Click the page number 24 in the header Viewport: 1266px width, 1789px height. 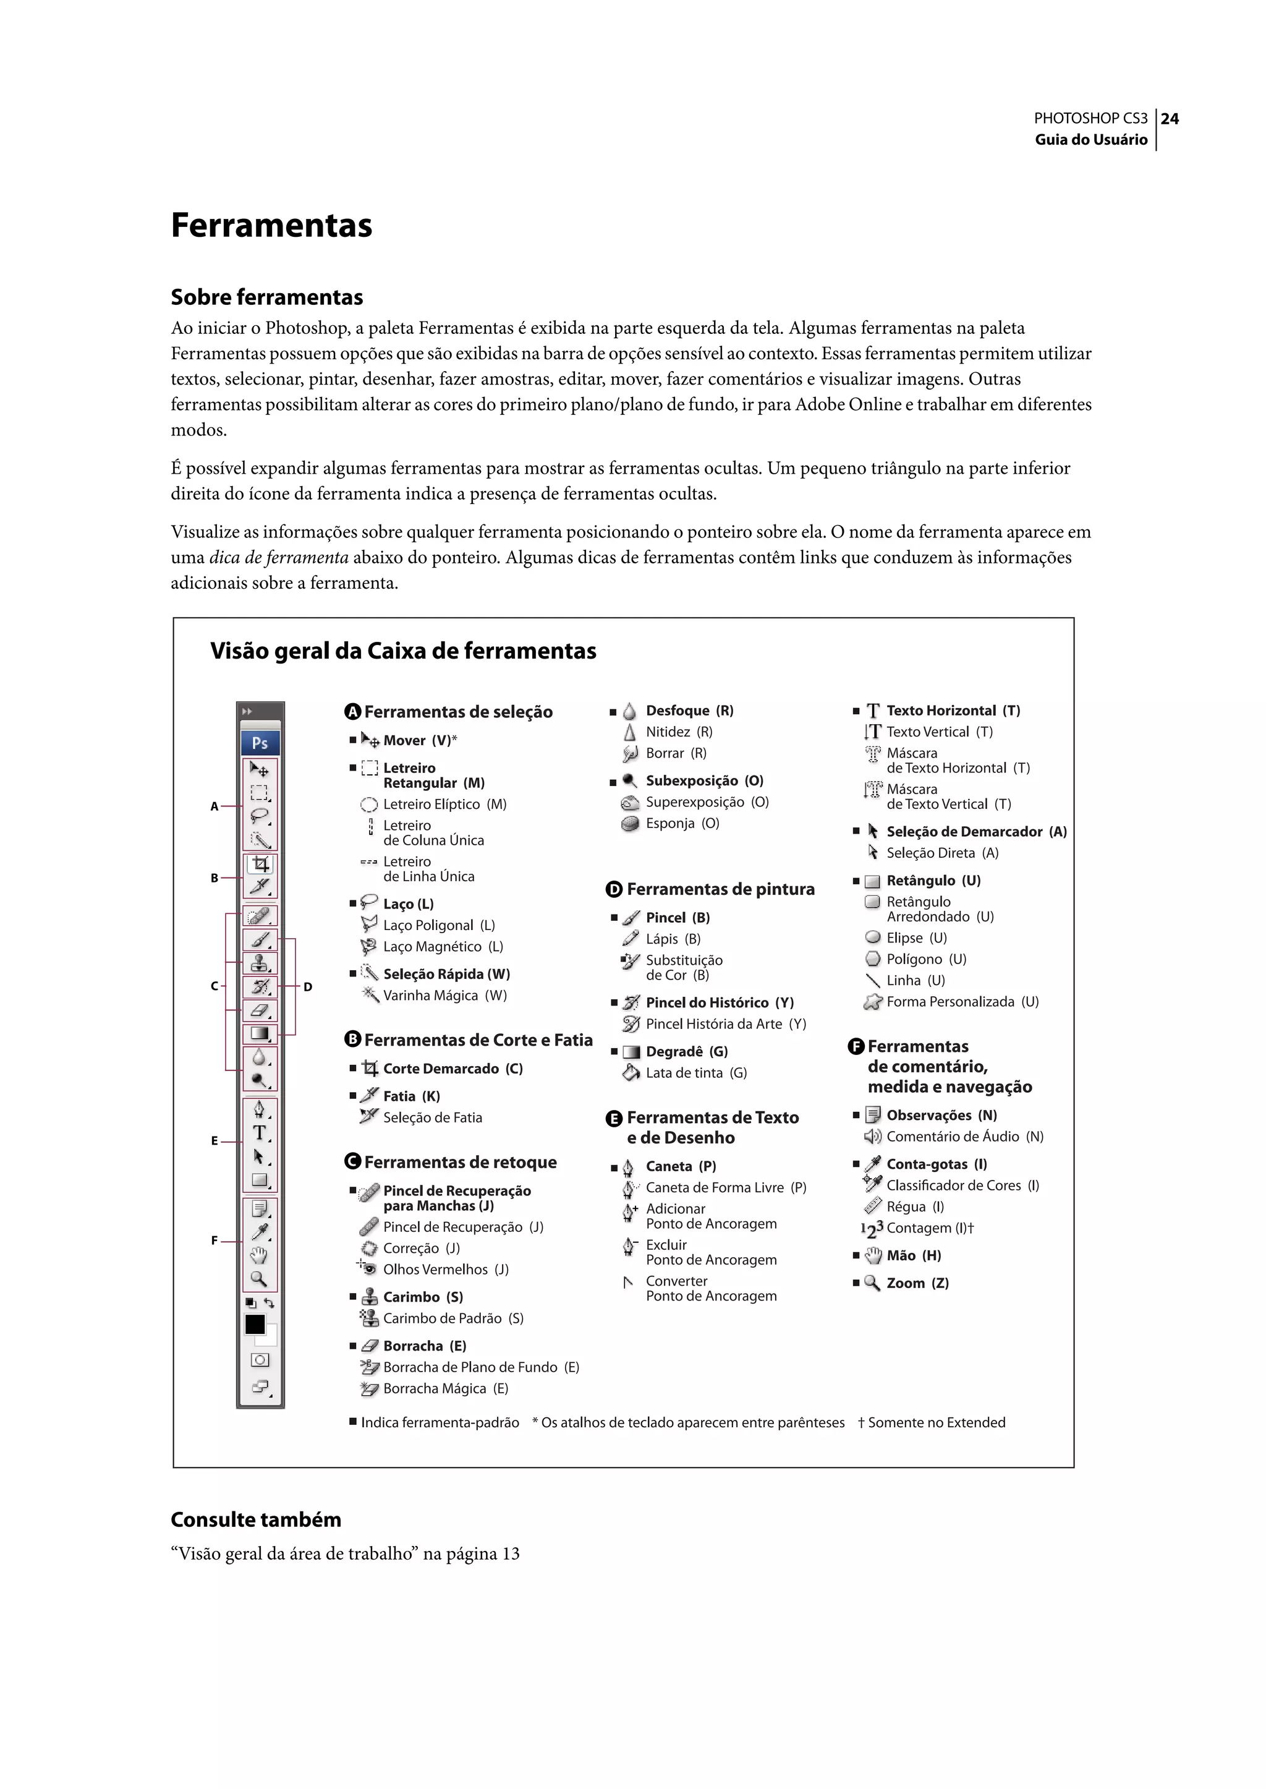[x=1170, y=119]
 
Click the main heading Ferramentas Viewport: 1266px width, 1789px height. [x=271, y=225]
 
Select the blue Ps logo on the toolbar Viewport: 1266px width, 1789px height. [x=260, y=743]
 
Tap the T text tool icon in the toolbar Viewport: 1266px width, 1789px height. [x=260, y=1132]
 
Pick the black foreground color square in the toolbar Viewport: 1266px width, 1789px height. [x=255, y=1324]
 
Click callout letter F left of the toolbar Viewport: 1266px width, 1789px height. [x=215, y=1240]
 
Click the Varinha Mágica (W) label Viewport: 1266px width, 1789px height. [x=444, y=995]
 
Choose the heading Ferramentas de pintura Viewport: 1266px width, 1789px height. [x=720, y=889]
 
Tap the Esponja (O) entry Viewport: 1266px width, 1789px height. [x=682, y=822]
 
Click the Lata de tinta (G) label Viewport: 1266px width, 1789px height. [x=696, y=1072]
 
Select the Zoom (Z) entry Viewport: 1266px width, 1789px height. [x=917, y=1283]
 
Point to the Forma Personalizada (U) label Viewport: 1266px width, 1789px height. [x=962, y=1001]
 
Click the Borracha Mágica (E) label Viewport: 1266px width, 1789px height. [x=445, y=1388]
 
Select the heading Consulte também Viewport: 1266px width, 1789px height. [x=256, y=1519]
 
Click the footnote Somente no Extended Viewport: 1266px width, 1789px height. [x=935, y=1422]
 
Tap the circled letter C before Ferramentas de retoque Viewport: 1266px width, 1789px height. [x=352, y=1162]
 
